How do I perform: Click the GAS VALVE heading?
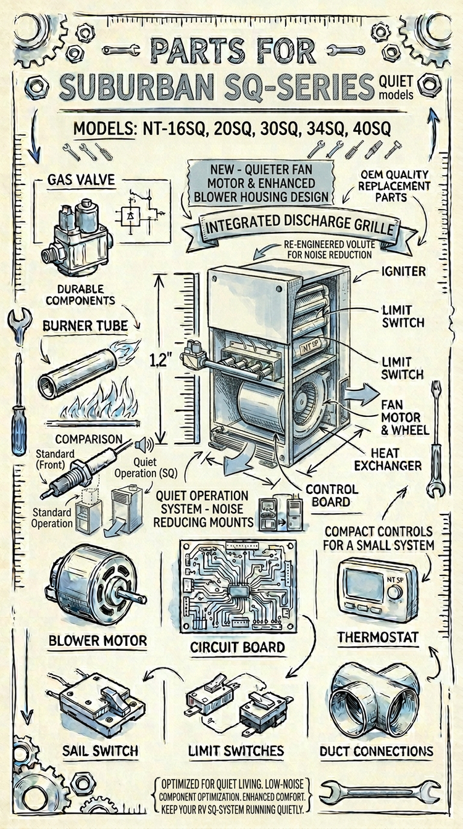81,180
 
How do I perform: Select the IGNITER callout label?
403,271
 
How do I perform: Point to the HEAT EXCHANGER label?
388,460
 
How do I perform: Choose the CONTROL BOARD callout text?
332,495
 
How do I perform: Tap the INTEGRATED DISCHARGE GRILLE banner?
299,227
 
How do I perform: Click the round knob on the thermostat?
395,592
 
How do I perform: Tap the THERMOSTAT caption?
378,637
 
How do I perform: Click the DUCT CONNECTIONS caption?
377,751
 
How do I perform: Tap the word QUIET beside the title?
396,81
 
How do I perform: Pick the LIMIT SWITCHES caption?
236,751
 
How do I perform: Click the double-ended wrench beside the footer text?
379,792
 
